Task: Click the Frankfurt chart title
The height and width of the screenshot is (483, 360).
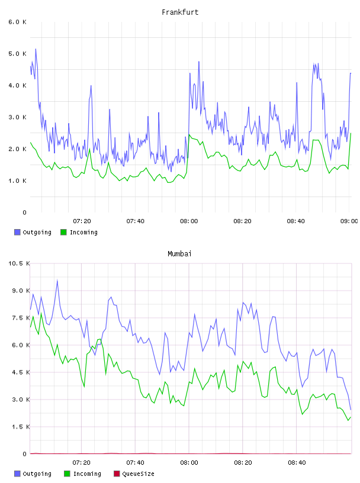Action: coord(180,12)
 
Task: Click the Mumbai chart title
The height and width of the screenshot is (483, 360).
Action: coord(179,254)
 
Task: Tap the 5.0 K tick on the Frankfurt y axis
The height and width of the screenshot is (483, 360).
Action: coord(18,54)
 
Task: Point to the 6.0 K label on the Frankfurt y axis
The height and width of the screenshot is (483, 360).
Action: coord(18,22)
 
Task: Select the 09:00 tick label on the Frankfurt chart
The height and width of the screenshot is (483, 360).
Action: coord(349,221)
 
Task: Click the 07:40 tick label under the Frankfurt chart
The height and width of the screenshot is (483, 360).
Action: coord(136,221)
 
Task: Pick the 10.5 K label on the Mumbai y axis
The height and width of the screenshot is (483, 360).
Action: coord(19,263)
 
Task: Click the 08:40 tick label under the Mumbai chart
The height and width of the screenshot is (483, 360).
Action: coord(297,463)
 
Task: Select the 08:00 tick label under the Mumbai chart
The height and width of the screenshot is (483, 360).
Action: coord(189,463)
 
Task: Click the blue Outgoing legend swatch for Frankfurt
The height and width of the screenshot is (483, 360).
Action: coord(17,232)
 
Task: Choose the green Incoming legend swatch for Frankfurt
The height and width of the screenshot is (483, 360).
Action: coord(63,232)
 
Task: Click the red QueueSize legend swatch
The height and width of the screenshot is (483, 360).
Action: coord(117,474)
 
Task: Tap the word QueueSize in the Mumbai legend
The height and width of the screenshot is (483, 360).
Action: coord(138,474)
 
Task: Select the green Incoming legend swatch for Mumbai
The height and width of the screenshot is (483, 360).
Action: coord(67,474)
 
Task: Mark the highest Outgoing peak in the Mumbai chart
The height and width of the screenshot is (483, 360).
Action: coord(57,281)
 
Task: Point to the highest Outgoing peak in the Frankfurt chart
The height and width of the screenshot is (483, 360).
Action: coord(36,49)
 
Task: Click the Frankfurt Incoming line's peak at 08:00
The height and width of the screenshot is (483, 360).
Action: coord(189,134)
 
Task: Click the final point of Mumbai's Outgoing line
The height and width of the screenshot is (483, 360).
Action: coord(351,410)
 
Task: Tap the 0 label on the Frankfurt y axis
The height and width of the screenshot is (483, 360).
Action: coord(24,212)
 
